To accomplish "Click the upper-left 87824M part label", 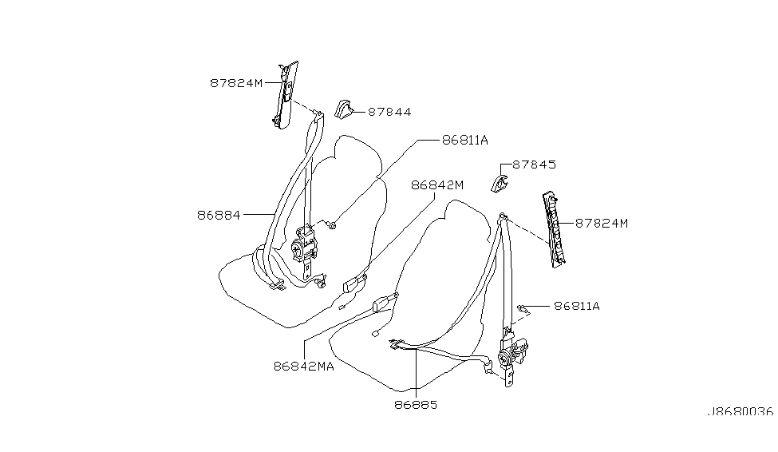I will point(236,81).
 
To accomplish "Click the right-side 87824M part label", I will point(601,224).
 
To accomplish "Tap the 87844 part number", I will point(389,113).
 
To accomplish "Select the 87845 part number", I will point(534,165).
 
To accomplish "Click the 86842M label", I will point(437,185).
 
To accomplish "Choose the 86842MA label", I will point(303,367).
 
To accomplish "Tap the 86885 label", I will point(416,404).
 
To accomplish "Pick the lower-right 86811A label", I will point(576,306).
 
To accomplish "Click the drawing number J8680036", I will point(740,412).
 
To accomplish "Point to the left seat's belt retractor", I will point(305,243).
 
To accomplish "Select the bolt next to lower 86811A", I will point(522,307).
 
